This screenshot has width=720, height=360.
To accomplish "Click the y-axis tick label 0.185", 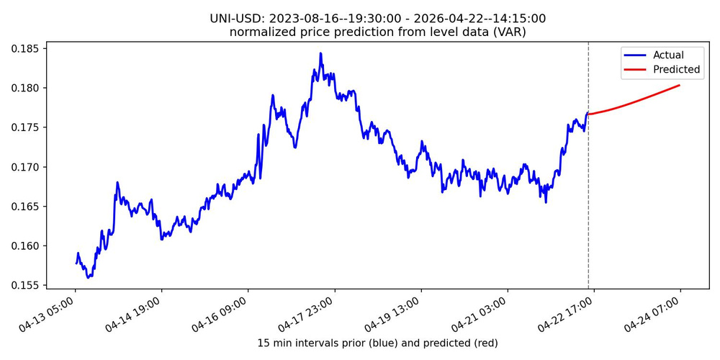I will pyautogui.click(x=27, y=49).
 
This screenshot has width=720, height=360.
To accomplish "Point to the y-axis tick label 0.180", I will pyautogui.click(x=27, y=89).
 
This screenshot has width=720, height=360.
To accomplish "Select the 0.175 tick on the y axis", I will pyautogui.click(x=27, y=127).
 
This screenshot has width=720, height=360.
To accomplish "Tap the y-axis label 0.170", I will pyautogui.click(x=27, y=167).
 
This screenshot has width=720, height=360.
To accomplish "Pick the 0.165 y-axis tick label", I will pyautogui.click(x=27, y=207).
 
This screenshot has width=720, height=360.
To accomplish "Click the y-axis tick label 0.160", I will pyautogui.click(x=27, y=246).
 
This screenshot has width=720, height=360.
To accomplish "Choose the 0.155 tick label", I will pyautogui.click(x=27, y=285).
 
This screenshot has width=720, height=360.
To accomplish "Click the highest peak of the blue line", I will pyautogui.click(x=320, y=53).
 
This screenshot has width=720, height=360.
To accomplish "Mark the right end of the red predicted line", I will pyautogui.click(x=680, y=86).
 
